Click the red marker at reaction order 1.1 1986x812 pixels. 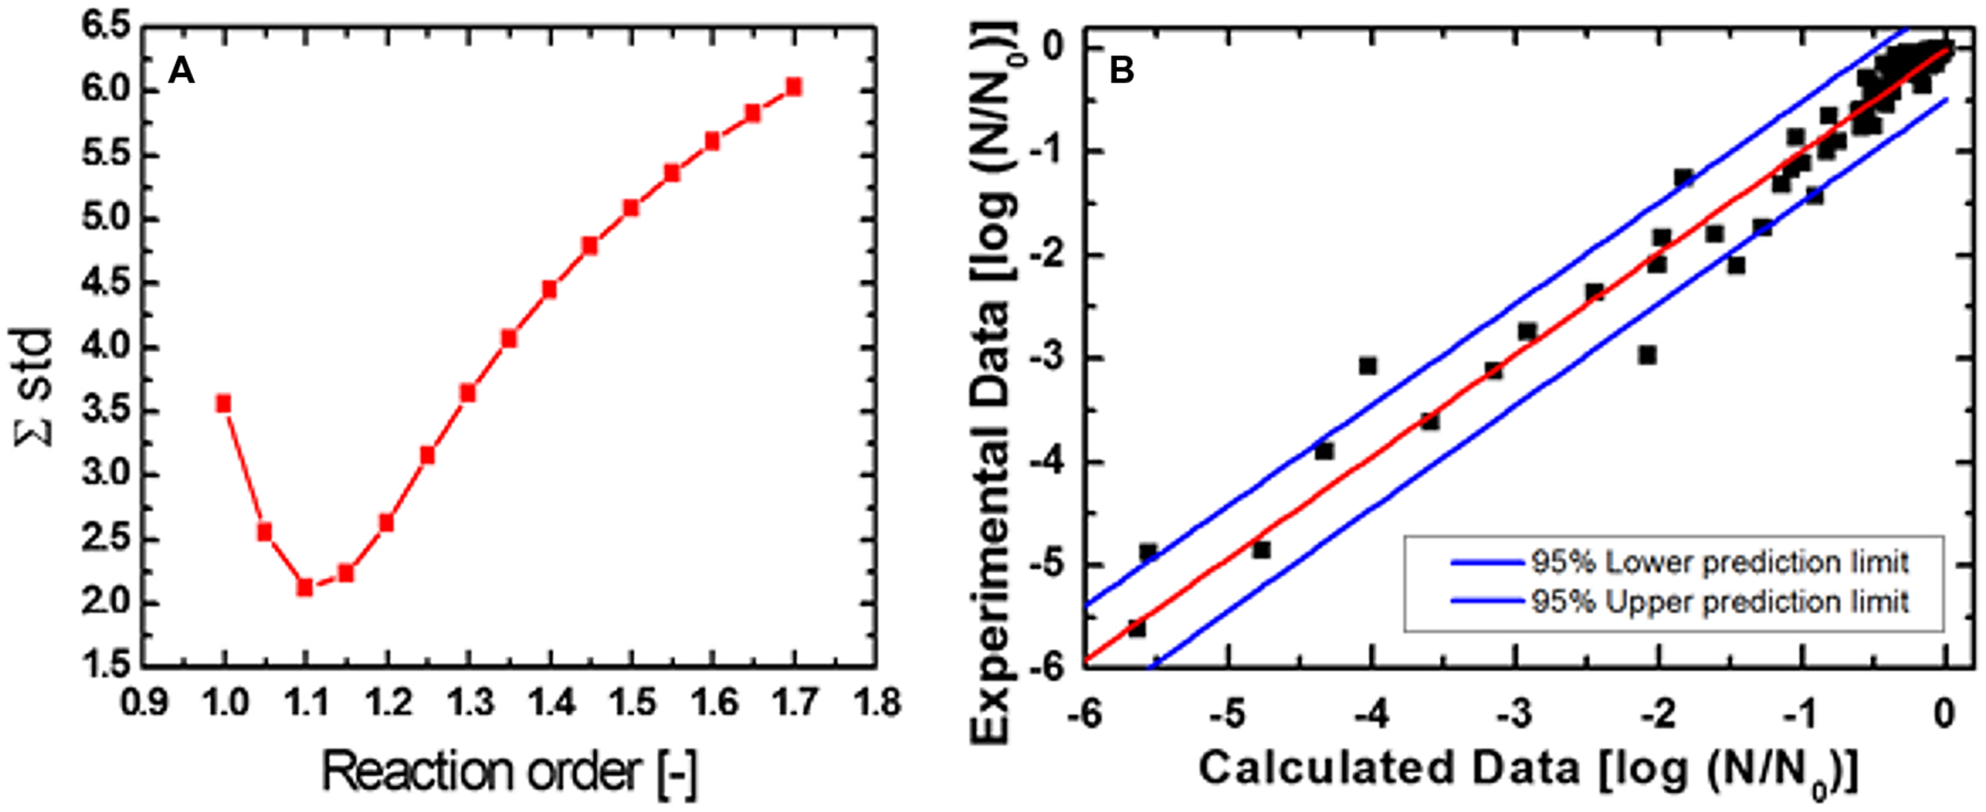[305, 587]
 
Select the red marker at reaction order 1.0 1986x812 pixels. [224, 404]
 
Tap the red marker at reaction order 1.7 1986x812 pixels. [794, 87]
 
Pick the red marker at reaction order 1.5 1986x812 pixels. [631, 207]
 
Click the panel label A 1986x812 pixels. [181, 72]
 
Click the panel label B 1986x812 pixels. [1121, 72]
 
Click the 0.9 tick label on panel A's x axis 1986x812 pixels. [144, 702]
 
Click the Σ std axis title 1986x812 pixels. [36, 388]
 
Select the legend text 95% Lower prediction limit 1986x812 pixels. [1719, 563]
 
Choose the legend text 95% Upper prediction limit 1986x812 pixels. [1719, 601]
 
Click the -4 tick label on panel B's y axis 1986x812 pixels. [1047, 462]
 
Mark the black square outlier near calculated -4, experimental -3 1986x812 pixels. [1367, 365]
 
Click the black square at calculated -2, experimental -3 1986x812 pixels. [1648, 355]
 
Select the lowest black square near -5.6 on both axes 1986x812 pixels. [1137, 628]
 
